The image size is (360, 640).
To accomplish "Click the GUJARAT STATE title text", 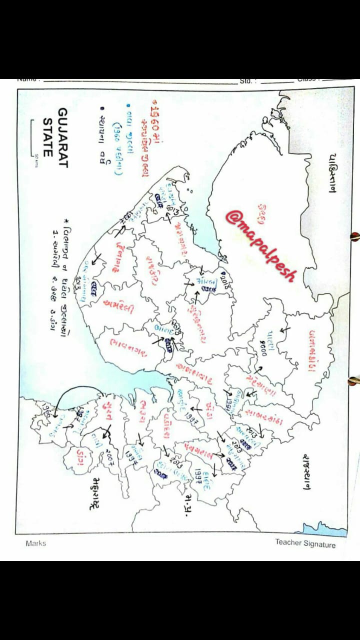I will (56, 132).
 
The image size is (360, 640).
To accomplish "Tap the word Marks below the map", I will (35, 543).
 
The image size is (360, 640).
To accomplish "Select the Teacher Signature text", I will (305, 543).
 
